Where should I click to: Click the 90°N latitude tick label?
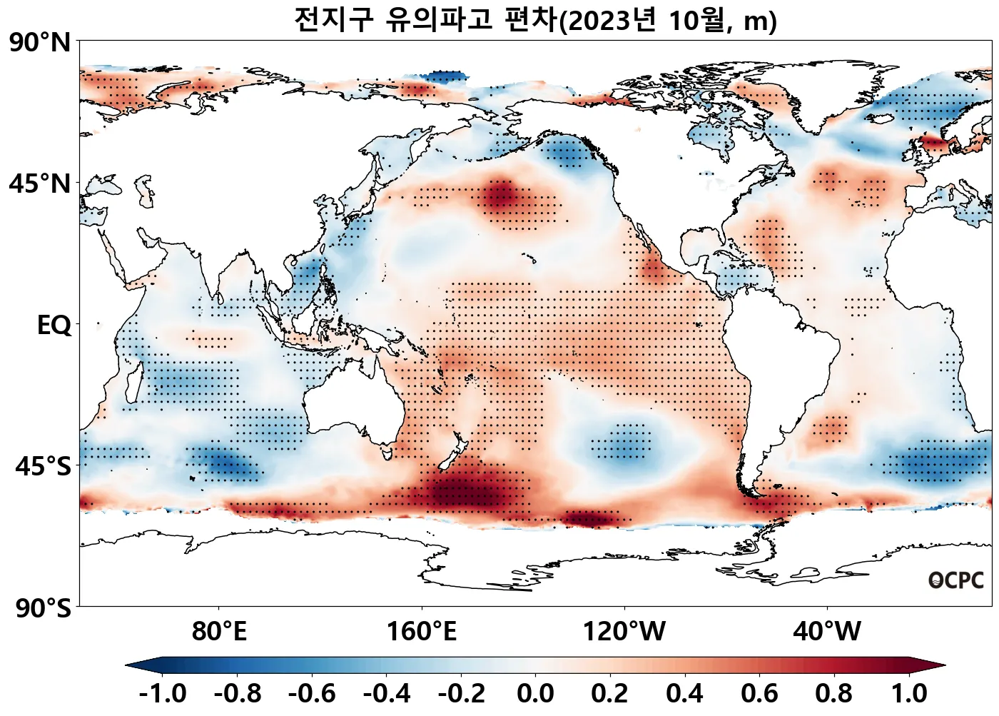coord(41,43)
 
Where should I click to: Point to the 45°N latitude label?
coord(41,184)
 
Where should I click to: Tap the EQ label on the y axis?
coord(54,326)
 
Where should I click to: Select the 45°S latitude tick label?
coord(43,467)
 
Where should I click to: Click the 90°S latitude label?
coord(43,609)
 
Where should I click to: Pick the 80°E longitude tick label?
coord(219,632)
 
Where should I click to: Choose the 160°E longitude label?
coord(422,632)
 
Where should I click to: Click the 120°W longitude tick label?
coord(624,632)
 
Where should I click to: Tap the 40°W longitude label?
coord(827,632)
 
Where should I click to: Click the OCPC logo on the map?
coord(955,580)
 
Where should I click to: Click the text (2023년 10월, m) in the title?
coord(667,21)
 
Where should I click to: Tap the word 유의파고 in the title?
coord(439,20)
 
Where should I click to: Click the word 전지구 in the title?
coord(333,20)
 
